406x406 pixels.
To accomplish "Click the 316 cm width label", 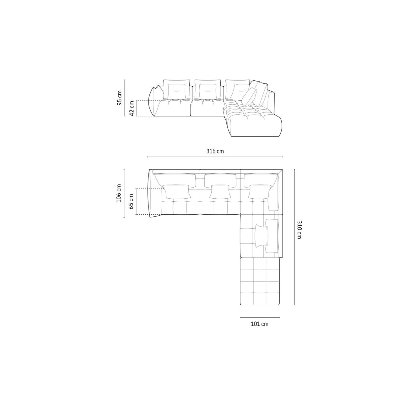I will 215,151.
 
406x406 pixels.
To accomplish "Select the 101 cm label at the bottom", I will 260,324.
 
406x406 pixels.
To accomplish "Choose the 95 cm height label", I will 120,98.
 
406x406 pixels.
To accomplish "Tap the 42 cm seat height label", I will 131,108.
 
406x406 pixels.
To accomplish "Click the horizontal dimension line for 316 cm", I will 215,157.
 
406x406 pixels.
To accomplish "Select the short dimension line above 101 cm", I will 260,317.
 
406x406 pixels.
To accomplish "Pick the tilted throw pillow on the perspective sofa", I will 249,97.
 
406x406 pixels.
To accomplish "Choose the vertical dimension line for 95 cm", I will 125,98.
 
